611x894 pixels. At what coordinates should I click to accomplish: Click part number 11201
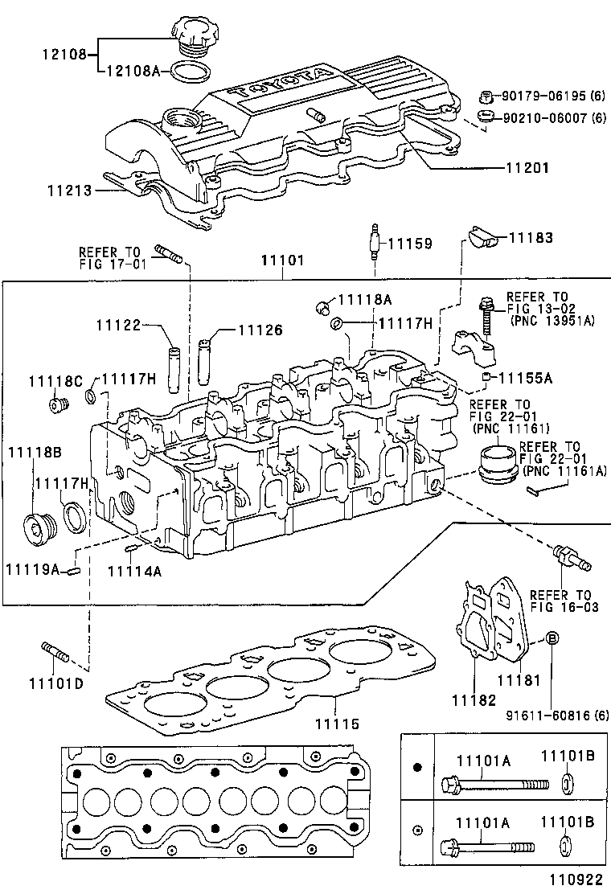point(527,170)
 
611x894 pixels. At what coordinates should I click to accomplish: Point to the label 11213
point(68,191)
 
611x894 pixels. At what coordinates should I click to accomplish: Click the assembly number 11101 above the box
point(282,261)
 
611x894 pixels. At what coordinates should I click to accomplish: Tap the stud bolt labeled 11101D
point(55,652)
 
